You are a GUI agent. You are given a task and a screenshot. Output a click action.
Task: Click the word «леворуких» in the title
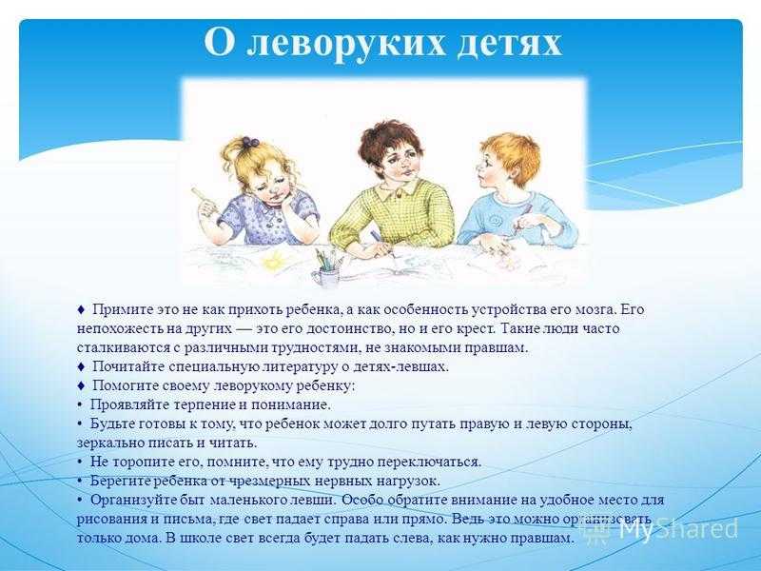pyautogui.click(x=345, y=43)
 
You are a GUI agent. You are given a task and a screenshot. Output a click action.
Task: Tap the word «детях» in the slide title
pyautogui.click(x=509, y=43)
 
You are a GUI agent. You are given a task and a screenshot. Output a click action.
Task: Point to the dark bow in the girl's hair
pyautogui.click(x=250, y=142)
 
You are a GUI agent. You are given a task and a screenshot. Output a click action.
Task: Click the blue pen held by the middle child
pyautogui.click(x=379, y=242)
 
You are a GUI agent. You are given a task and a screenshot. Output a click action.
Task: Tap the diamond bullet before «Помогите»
pyautogui.click(x=81, y=385)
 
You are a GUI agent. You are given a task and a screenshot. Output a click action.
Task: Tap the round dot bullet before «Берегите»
pyautogui.click(x=80, y=482)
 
